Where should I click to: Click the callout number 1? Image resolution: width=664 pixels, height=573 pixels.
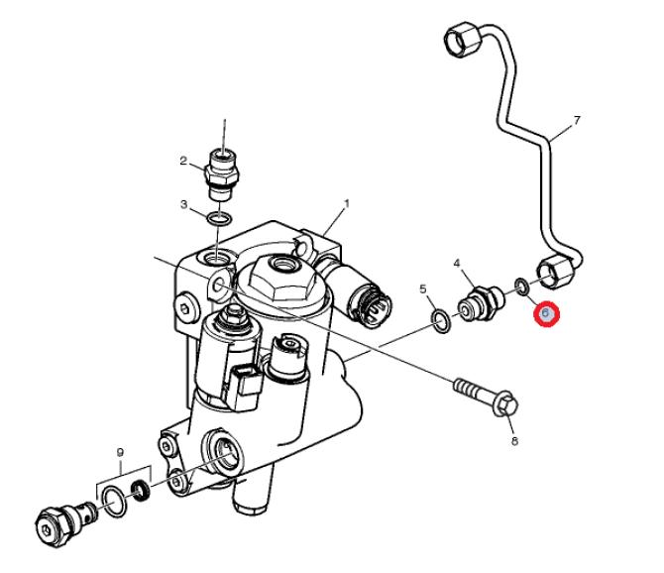[347, 205]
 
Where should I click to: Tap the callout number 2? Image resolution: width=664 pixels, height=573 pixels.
[184, 161]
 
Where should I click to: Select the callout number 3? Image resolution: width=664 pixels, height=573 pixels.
[184, 205]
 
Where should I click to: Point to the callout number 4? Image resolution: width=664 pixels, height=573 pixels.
[457, 264]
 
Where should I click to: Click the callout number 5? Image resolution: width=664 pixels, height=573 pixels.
[423, 290]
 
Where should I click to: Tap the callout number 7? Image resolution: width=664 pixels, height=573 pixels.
[577, 121]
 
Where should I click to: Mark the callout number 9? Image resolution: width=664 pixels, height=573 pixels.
[120, 453]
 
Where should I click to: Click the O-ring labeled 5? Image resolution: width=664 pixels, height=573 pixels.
[440, 318]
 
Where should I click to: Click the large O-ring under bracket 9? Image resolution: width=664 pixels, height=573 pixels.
[115, 502]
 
